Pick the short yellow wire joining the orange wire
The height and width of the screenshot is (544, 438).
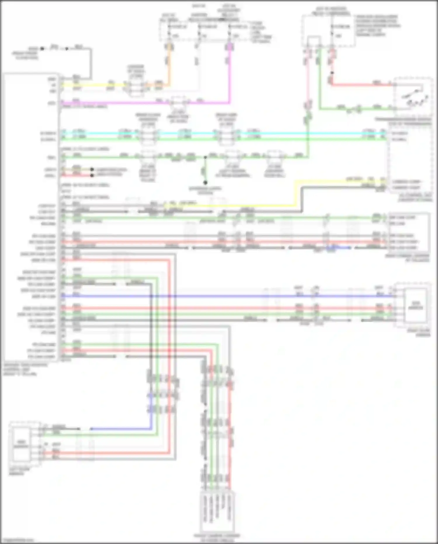pos(93,85)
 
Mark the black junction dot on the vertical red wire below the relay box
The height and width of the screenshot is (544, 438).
pos(332,73)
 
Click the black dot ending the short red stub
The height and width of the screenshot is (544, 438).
pos(92,175)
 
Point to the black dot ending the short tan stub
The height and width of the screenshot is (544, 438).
pos(92,169)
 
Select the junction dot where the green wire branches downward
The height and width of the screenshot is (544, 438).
pos(205,157)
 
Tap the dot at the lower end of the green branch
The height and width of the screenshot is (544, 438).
pos(205,183)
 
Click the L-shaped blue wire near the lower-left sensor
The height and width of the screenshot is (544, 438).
pos(131,429)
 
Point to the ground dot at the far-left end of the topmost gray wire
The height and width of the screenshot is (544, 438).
pos(42,49)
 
